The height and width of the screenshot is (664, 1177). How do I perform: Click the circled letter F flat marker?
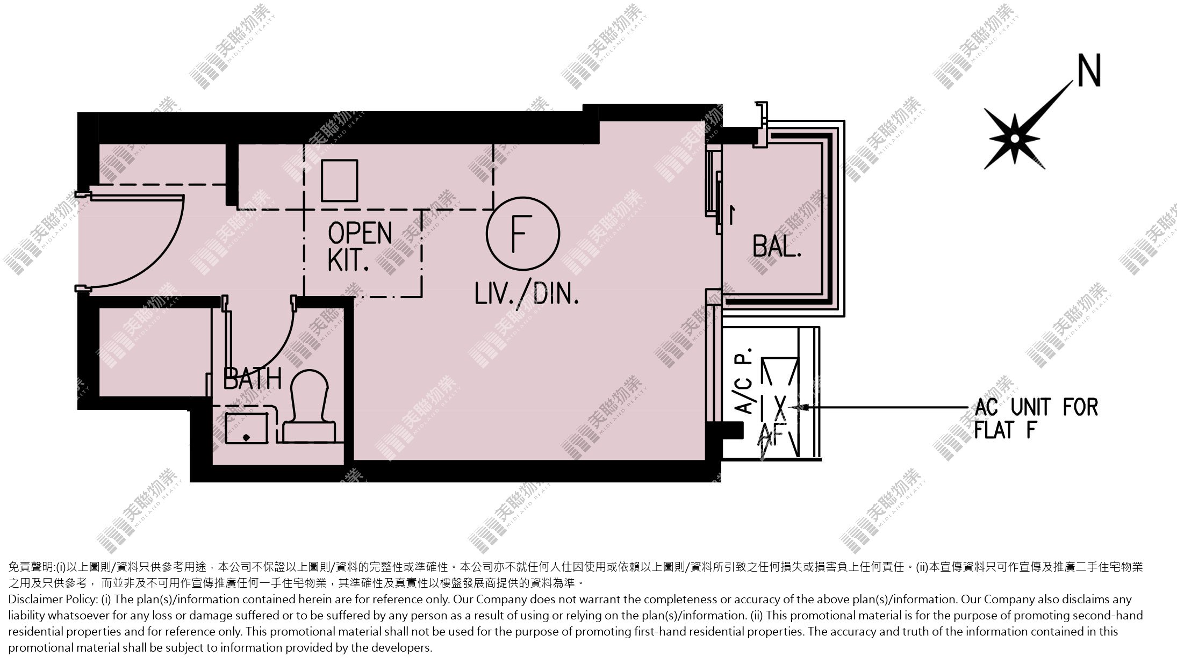click(x=522, y=233)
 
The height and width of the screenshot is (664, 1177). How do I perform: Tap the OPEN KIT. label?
click(x=360, y=247)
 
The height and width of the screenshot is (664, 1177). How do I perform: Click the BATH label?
click(x=252, y=378)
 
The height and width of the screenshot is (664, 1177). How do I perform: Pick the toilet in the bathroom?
click(x=308, y=406)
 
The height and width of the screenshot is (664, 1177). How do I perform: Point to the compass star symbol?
click(x=1014, y=139)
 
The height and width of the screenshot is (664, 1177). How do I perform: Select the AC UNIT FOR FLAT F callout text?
click(x=1036, y=418)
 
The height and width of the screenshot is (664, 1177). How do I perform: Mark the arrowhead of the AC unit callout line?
click(x=798, y=407)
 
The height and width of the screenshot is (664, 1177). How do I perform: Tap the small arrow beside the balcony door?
click(x=731, y=214)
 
